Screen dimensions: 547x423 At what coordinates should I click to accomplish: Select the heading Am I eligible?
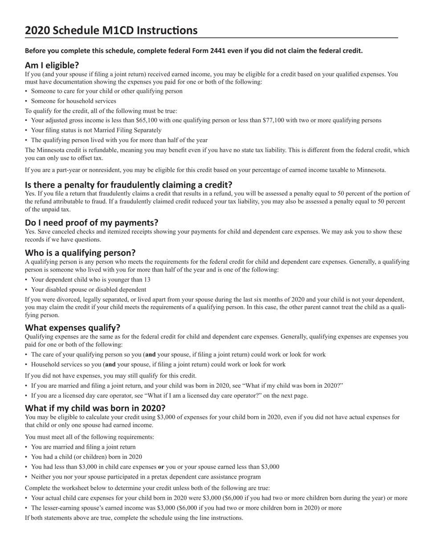[x=52, y=65]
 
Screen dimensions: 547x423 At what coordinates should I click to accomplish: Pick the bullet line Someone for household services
[x=73, y=101]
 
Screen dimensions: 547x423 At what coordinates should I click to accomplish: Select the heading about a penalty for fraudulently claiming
[x=128, y=185]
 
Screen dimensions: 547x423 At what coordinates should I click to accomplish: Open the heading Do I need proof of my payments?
[x=91, y=222]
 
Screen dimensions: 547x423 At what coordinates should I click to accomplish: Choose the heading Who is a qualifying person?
[x=80, y=253]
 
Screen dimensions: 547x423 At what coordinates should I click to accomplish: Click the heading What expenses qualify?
[x=73, y=328]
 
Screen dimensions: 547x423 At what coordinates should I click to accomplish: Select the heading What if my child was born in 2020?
[x=95, y=408]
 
